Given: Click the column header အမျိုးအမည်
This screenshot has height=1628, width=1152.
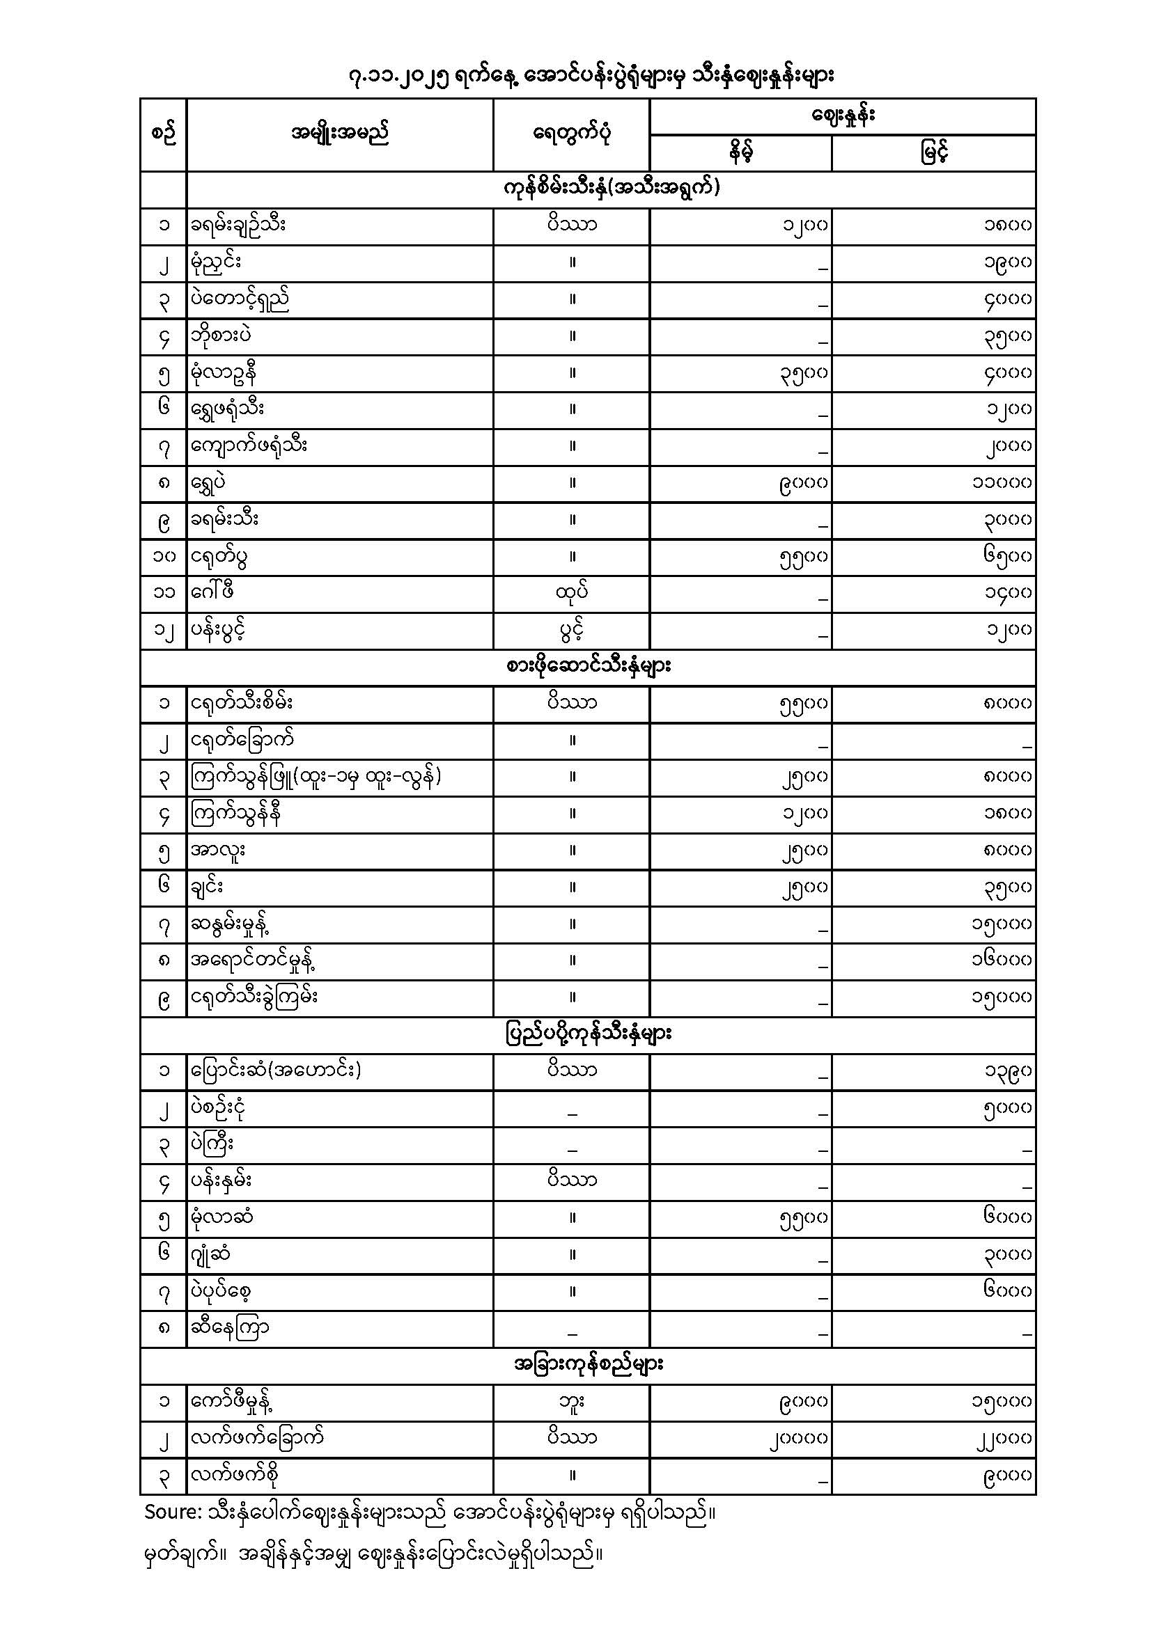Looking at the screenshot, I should [340, 134].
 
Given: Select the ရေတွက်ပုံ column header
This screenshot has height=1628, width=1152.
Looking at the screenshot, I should [571, 134].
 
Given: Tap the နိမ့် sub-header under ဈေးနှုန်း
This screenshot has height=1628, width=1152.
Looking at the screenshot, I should [740, 152].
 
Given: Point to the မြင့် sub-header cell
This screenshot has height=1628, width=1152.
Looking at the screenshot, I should [933, 152].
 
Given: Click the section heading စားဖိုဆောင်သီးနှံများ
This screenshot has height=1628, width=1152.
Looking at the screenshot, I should [588, 667].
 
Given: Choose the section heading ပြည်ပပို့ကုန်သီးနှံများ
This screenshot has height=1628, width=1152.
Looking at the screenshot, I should [588, 1034].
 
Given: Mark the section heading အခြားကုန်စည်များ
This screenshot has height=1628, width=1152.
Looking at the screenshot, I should [588, 1364].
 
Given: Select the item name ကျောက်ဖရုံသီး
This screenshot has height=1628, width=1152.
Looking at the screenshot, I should [249, 446].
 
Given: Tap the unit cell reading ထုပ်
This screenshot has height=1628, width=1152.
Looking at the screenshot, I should [572, 592].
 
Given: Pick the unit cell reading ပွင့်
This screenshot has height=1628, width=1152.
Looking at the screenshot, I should [572, 630].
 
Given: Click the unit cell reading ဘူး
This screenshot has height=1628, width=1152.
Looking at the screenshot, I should [572, 1401].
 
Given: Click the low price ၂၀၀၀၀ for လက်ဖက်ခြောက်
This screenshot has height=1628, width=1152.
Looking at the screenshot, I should [797, 1439].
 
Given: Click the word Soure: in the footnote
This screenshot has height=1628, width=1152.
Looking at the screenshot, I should [174, 1512].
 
